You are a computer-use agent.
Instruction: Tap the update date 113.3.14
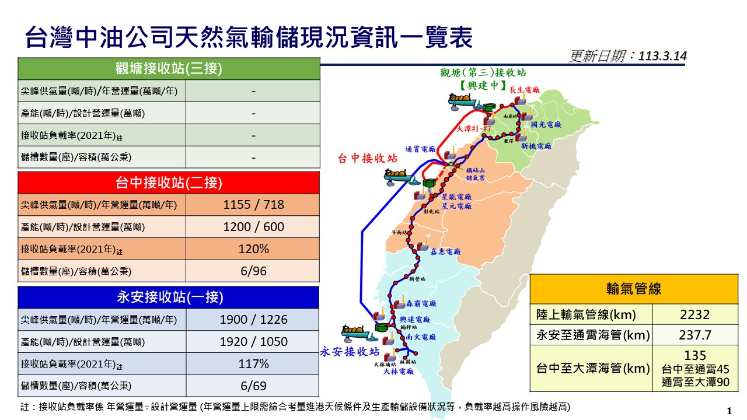pyautogui.click(x=662, y=57)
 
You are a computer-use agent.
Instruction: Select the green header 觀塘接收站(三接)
pyautogui.click(x=169, y=69)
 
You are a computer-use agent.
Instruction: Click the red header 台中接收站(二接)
pyautogui.click(x=169, y=183)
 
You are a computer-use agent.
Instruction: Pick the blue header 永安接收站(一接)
pyautogui.click(x=169, y=297)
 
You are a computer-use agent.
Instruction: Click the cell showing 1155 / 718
pyautogui.click(x=253, y=205)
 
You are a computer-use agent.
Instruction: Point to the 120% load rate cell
pyautogui.click(x=253, y=249)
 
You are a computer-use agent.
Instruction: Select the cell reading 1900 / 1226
pyautogui.click(x=253, y=320)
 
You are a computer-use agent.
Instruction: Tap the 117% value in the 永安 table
pyautogui.click(x=253, y=364)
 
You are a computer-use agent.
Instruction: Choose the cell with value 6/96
pyautogui.click(x=253, y=271)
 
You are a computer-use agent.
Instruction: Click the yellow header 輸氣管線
pyautogui.click(x=634, y=289)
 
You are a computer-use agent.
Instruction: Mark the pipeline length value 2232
pyautogui.click(x=694, y=315)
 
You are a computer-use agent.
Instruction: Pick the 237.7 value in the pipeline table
pyautogui.click(x=694, y=335)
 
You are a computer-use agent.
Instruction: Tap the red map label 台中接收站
pyautogui.click(x=368, y=159)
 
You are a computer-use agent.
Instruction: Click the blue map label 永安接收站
pyautogui.click(x=350, y=352)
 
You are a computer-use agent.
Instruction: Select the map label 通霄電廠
pyautogui.click(x=420, y=149)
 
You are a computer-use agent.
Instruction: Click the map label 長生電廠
pyautogui.click(x=524, y=90)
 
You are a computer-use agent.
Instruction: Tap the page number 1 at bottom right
pyautogui.click(x=729, y=410)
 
